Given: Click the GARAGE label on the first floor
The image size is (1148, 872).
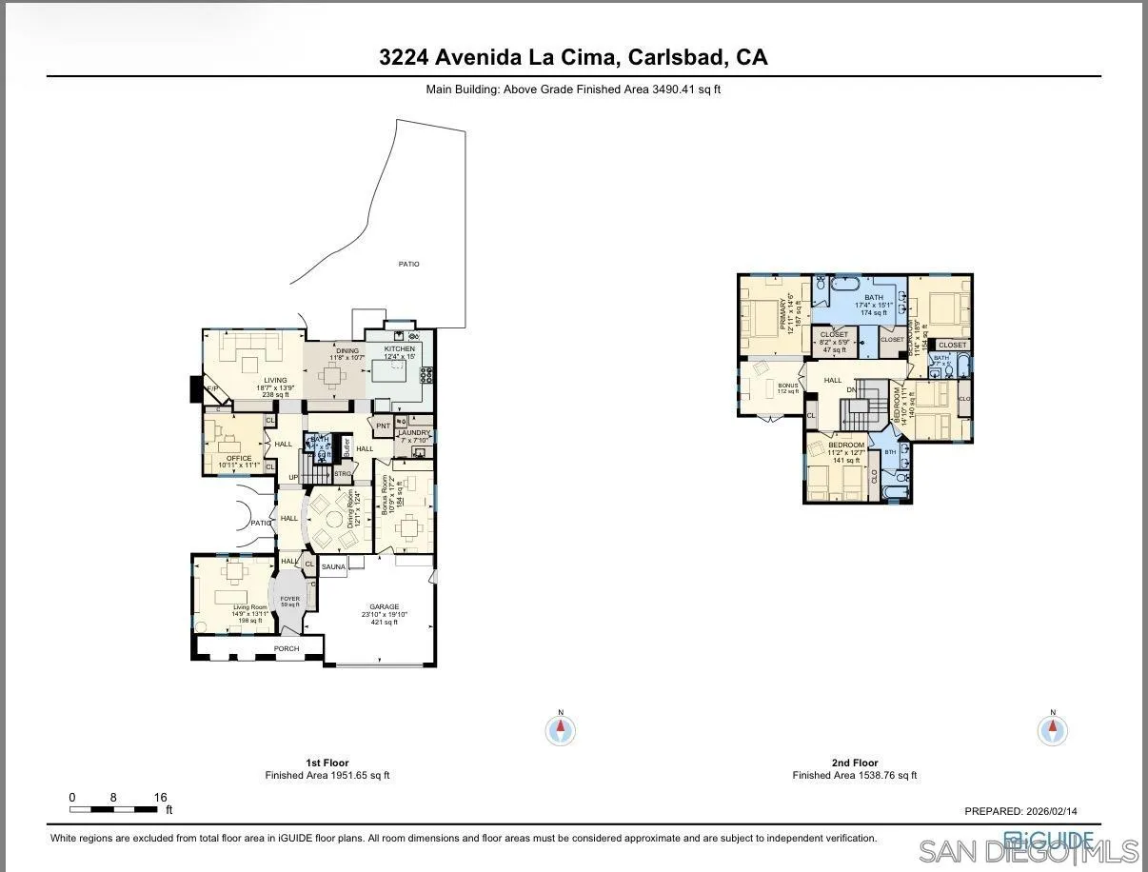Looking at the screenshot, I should pyautogui.click(x=385, y=606).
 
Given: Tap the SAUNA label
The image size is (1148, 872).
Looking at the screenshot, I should pyautogui.click(x=333, y=567).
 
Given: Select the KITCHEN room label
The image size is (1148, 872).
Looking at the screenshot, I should pyautogui.click(x=400, y=349).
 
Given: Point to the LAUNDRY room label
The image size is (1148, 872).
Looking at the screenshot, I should pyautogui.click(x=414, y=432).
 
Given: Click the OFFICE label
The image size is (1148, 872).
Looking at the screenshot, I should pyautogui.click(x=239, y=458).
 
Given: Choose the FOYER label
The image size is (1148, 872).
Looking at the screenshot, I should pyautogui.click(x=289, y=599).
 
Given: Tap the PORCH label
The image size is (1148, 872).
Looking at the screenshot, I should pyautogui.click(x=287, y=649).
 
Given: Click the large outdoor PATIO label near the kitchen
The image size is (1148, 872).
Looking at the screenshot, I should pyautogui.click(x=408, y=264).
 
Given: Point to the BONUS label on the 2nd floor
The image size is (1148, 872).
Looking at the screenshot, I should pyautogui.click(x=788, y=385).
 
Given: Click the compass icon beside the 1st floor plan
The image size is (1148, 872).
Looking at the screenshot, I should pyautogui.click(x=561, y=730).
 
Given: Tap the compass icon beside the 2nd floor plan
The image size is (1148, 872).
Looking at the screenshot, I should pyautogui.click(x=1053, y=730).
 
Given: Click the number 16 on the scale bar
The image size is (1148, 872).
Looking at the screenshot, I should pyautogui.click(x=160, y=798).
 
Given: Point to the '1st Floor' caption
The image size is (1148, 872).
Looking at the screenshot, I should pyautogui.click(x=327, y=763).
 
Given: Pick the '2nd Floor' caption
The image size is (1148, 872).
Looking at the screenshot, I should pyautogui.click(x=854, y=763).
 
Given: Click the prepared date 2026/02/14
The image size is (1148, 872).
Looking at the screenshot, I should pyautogui.click(x=1050, y=812).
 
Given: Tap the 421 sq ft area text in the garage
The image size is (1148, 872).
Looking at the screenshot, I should pyautogui.click(x=385, y=623).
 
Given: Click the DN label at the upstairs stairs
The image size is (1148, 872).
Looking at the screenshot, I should pyautogui.click(x=852, y=389).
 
